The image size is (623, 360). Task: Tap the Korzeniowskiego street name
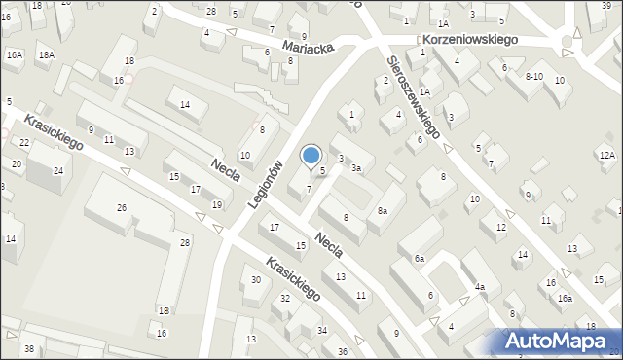pos(470,41)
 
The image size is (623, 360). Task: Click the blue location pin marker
pos(311,157)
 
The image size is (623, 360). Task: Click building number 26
pos(122,207)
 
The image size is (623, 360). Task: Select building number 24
pos(58,171)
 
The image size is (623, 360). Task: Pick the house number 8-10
pos(533,76)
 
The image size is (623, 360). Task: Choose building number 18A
pos(47,55)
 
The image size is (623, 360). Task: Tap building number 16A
pos(14,55)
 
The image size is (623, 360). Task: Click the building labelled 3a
pos(357,168)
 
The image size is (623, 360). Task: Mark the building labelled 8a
pos(383,210)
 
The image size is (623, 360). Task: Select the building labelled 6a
pos(420,258)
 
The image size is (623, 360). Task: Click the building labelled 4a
pos(479,287)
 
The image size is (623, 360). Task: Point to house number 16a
pos(565,298)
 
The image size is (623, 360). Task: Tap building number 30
pos(256,280)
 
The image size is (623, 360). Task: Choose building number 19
pos(216,204)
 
